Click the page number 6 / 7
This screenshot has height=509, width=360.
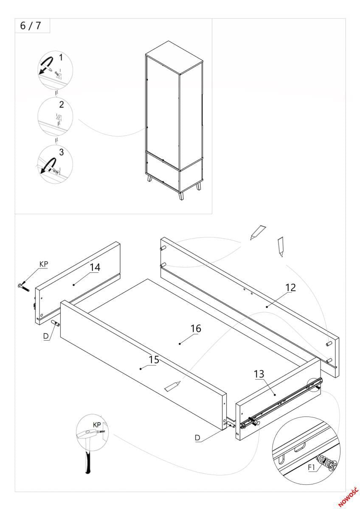(x=31, y=26)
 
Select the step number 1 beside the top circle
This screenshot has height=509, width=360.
(x=61, y=57)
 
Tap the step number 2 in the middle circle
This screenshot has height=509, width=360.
(x=61, y=104)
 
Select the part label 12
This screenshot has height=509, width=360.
(x=290, y=287)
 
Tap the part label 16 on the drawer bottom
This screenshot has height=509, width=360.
(x=196, y=328)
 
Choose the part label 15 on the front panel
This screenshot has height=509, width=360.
(x=154, y=360)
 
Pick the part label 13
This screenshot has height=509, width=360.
(x=259, y=374)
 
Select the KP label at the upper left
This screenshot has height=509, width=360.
(x=43, y=264)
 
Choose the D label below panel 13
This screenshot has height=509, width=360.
(x=198, y=438)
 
